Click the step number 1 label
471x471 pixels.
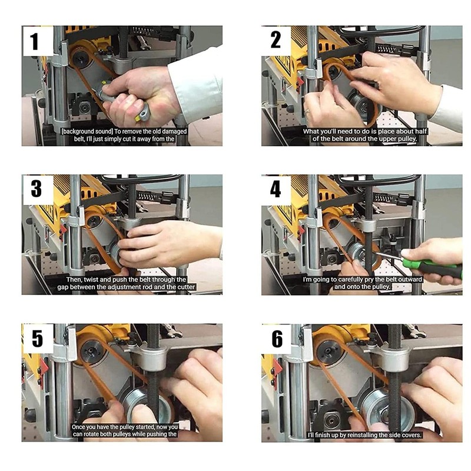34,41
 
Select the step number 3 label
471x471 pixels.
36,188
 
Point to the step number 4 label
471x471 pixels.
276,189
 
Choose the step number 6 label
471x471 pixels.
277,339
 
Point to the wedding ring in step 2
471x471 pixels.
307,111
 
